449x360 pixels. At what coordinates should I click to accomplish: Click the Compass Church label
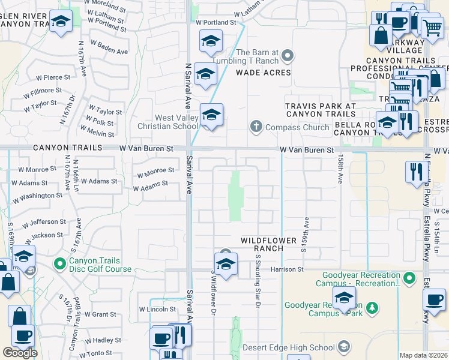click(x=297, y=127)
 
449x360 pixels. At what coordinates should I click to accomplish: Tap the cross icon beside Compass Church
click(x=256, y=127)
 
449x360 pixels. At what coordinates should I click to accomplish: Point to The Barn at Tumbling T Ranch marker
click(x=288, y=57)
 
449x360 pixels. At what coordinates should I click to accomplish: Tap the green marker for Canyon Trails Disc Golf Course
click(x=59, y=263)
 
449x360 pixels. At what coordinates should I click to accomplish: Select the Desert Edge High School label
click(x=289, y=347)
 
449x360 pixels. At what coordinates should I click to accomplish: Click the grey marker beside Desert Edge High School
click(x=344, y=347)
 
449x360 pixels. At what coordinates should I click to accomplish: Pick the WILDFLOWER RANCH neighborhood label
click(x=269, y=244)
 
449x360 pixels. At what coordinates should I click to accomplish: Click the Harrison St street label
click(x=287, y=269)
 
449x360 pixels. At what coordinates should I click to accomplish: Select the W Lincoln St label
click(x=157, y=310)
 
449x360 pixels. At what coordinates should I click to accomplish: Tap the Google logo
click(x=20, y=353)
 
